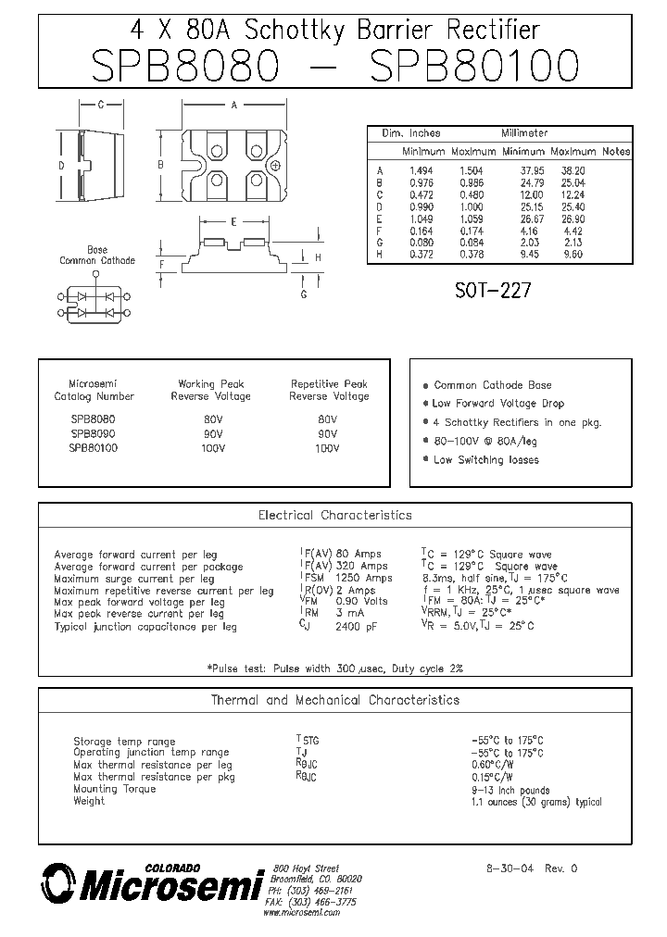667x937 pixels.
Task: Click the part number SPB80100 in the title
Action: click(474, 67)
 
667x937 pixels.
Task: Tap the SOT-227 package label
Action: click(493, 291)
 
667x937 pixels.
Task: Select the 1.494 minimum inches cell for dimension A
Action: click(421, 171)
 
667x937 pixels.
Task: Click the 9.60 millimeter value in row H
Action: click(573, 254)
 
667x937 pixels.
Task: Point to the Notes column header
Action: click(615, 152)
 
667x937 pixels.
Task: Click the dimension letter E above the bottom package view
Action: click(233, 222)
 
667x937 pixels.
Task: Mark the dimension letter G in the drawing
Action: click(303, 294)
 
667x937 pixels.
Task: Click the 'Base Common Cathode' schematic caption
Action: click(97, 256)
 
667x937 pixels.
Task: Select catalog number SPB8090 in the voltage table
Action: click(93, 433)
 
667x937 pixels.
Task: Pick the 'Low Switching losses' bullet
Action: click(485, 460)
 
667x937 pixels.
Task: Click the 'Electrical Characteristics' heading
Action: click(334, 516)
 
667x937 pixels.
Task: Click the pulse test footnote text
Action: click(334, 668)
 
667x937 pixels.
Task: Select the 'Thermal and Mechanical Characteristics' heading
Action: click(334, 701)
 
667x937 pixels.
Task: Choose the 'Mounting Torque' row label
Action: click(115, 789)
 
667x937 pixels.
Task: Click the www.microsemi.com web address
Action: click(301, 913)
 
